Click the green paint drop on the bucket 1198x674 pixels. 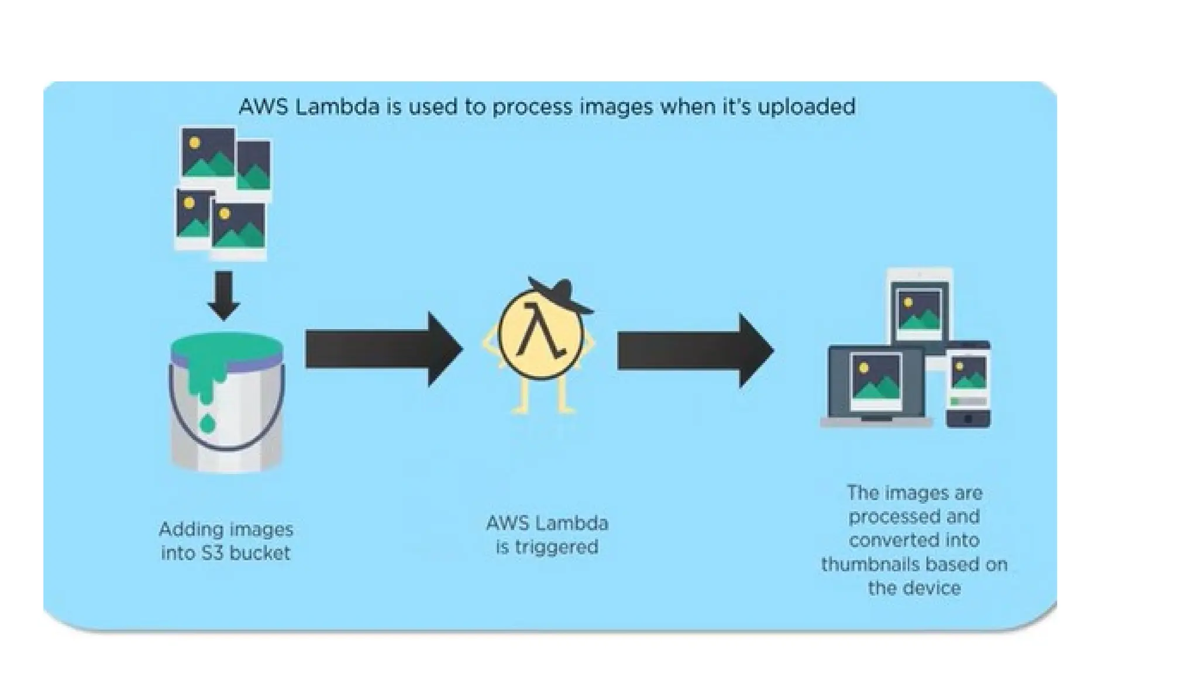207,422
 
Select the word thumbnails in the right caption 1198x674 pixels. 863,565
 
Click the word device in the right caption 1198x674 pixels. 932,588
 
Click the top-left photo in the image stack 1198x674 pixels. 208,153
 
